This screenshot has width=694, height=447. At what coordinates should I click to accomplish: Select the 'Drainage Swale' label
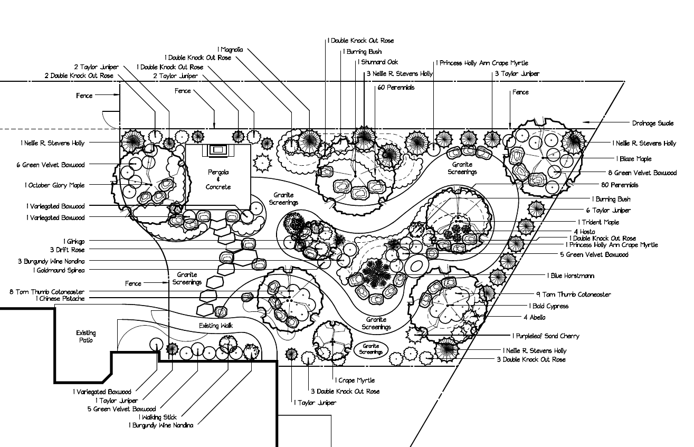tap(653, 123)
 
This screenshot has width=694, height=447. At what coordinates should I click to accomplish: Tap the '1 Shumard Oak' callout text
tap(378, 62)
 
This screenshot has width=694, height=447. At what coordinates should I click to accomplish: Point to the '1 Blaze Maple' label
tap(633, 159)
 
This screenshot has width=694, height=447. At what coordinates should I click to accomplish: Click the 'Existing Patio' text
tap(86, 337)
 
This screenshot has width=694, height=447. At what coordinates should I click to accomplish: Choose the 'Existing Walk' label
tap(216, 326)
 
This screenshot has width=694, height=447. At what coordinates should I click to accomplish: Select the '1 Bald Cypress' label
tap(549, 306)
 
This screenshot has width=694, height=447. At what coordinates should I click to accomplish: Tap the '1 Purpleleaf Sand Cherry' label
tap(546, 336)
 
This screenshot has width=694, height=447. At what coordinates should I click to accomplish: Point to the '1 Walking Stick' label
tap(158, 417)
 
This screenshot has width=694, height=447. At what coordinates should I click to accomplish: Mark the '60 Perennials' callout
tap(396, 88)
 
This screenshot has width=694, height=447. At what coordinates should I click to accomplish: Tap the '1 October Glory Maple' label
tap(54, 186)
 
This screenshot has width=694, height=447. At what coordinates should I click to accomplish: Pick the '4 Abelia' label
tap(534, 318)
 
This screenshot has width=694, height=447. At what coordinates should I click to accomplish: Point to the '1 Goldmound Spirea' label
tap(59, 271)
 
